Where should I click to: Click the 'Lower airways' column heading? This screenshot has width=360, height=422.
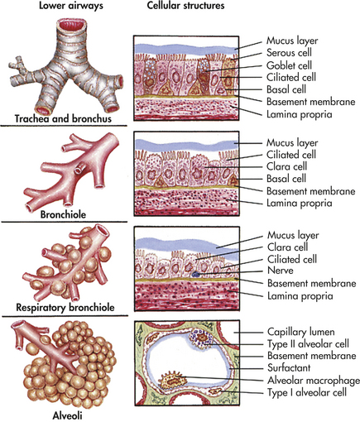click(71, 6)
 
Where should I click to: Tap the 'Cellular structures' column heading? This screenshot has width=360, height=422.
click(185, 6)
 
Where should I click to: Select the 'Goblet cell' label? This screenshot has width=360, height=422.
click(289, 65)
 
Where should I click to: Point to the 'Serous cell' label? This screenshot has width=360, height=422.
click(289, 52)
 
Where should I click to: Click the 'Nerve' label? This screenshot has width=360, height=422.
click(281, 271)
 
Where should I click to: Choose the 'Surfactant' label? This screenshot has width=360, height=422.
click(289, 367)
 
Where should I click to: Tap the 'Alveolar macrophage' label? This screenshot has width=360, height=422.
click(314, 381)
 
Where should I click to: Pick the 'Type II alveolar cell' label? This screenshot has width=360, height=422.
click(308, 344)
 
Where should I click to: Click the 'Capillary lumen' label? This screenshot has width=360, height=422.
click(301, 332)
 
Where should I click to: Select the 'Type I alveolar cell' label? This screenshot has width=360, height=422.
click(307, 392)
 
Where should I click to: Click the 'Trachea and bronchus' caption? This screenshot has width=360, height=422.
click(63, 118)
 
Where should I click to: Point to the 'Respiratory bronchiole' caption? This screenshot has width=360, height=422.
click(65, 307)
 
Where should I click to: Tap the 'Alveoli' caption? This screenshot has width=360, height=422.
click(67, 415)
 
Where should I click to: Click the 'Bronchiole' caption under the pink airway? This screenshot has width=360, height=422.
click(63, 214)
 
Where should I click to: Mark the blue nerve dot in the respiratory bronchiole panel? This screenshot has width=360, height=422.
click(195, 274)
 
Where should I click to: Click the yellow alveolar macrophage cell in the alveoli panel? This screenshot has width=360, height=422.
click(173, 381)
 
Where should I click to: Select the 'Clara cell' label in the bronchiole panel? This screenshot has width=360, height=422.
click(286, 166)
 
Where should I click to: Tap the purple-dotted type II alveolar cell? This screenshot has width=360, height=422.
click(201, 338)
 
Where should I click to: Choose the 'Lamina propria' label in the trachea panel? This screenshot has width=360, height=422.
click(299, 114)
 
